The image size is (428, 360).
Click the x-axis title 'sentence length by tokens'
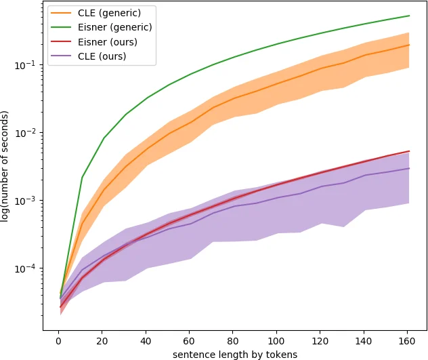click(x=235, y=353)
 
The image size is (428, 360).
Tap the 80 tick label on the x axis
click(x=232, y=340)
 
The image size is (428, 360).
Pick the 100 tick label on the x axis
click(x=276, y=340)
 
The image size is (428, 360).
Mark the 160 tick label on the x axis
click(x=407, y=340)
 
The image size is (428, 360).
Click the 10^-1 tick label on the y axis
click(x=29, y=65)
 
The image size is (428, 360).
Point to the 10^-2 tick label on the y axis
click(x=29, y=133)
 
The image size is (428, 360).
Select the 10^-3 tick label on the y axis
click(x=29, y=201)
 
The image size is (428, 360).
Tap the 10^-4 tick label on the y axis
click(x=29, y=268)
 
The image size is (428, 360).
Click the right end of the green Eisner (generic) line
click(x=409, y=16)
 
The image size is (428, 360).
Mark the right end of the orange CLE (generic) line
click(x=409, y=45)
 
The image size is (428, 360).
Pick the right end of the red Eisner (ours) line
click(x=409, y=151)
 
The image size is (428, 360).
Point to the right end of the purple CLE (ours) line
click(x=409, y=168)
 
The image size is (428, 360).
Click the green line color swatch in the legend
click(x=62, y=27)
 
